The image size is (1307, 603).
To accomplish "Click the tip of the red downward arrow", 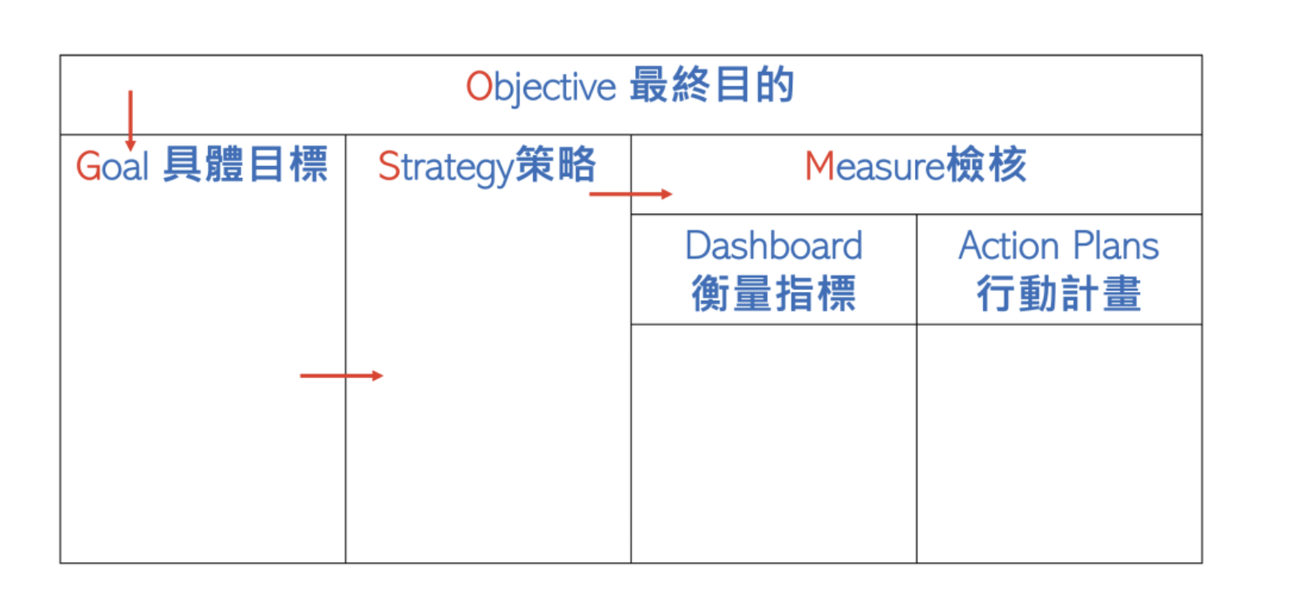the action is pos(131,150).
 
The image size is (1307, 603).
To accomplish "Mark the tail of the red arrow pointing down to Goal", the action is pos(131,91).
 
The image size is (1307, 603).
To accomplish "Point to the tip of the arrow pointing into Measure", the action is pos(672,194).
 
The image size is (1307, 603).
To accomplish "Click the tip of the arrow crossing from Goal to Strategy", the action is pos(382,376).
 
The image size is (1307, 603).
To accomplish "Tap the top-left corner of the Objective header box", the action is pos(61,56).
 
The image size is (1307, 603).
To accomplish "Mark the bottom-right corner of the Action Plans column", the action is pos(1202,563).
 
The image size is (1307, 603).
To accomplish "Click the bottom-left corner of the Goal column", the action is pos(61,563).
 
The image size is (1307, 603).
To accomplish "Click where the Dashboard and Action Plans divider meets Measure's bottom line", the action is pos(917,215).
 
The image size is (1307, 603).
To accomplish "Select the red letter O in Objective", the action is pos(479,87).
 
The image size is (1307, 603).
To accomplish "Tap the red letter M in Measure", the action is pos(819,166).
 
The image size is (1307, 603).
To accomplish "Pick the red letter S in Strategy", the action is pos(389,166).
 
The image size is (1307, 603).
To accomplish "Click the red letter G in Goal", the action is pos(89,166).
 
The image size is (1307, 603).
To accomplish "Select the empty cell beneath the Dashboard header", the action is pos(774,443).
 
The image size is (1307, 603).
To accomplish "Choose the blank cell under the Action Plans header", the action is pos(1059,443).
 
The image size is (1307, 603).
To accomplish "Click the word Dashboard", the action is pos(774,245).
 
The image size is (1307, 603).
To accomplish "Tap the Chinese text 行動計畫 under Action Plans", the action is pos(1059,293).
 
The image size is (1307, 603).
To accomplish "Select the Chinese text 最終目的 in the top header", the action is pos(712,85).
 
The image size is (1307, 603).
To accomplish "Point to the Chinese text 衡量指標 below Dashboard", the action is pos(774,293).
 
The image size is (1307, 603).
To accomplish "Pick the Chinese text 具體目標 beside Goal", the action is pos(245,164).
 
